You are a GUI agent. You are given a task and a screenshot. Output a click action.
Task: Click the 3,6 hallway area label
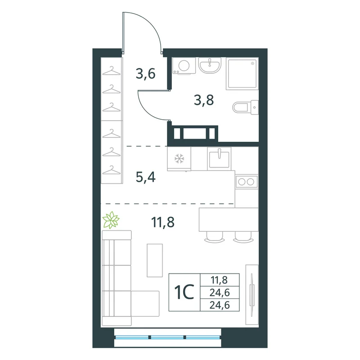pos(145,74)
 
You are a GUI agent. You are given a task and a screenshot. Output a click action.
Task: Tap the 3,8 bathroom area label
pos(204,100)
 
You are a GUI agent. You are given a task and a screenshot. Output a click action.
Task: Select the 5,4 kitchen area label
pos(145,177)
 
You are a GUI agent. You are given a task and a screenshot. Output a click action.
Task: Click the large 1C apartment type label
pos(184,292)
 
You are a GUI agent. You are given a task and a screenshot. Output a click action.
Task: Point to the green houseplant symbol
pos(111,220)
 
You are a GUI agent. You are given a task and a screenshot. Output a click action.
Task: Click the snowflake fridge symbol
pos(179,159)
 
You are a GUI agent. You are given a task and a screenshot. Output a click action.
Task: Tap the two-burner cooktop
pos(246,182)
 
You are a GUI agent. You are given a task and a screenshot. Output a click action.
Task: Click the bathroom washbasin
pos(210,65)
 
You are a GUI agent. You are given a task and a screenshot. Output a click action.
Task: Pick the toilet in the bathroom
pos(245,107)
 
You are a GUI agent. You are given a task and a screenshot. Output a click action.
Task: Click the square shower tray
pos(242,73)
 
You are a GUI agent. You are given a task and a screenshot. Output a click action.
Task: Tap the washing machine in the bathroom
pos(184,66)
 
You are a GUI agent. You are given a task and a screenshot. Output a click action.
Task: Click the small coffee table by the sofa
pos(155,261)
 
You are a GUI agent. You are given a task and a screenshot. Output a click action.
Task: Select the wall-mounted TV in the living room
pos(252,294)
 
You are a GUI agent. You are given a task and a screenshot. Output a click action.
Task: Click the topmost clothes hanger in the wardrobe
pos(111,71)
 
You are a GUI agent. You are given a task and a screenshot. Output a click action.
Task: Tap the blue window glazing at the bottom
pos(167,337)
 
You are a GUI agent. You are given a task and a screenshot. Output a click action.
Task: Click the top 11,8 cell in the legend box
pos(220,280)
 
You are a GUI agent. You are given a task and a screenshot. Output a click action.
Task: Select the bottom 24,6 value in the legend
pos(220,305)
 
